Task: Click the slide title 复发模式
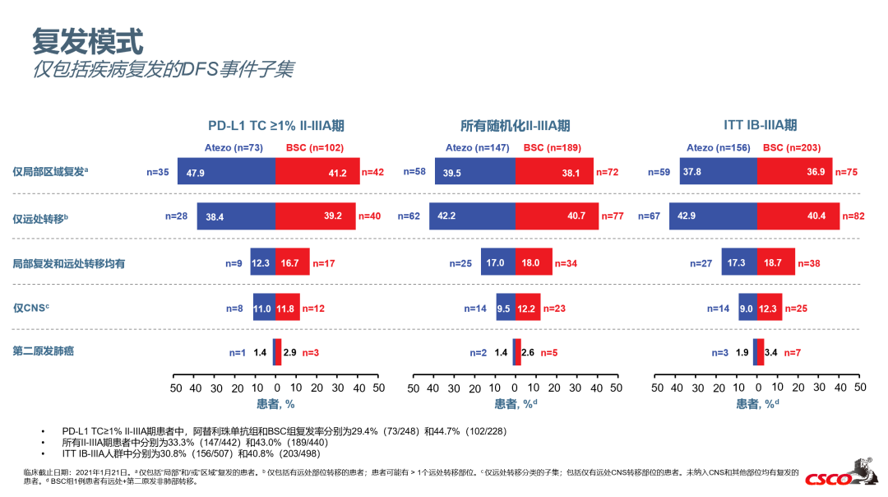click(88, 39)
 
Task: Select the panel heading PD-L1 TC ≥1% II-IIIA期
click(275, 126)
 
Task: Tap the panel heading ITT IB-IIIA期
click(760, 125)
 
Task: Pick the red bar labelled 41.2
click(317, 173)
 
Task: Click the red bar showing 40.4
click(798, 216)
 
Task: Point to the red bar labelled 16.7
click(293, 262)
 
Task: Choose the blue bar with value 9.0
click(747, 307)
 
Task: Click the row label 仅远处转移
click(40, 218)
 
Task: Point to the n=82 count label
click(856, 216)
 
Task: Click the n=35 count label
click(158, 173)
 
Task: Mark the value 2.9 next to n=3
click(289, 352)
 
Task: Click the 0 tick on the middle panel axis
click(515, 388)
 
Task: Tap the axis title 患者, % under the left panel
click(275, 404)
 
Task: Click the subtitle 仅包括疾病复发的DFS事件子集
click(163, 69)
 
